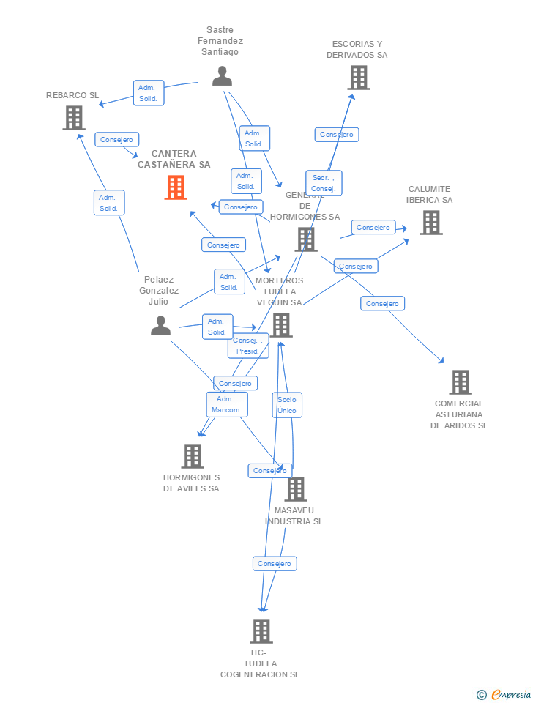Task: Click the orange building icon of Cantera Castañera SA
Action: click(176, 187)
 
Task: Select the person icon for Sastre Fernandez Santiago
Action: click(222, 76)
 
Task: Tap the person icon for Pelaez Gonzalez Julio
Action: click(160, 326)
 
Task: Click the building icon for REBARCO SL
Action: click(74, 118)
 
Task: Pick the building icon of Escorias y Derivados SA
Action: click(358, 78)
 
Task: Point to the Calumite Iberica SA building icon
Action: click(430, 223)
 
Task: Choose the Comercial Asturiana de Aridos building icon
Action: click(460, 382)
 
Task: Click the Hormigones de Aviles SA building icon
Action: click(192, 456)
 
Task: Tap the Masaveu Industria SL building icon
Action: click(295, 489)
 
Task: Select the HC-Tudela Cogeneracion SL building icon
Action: click(261, 631)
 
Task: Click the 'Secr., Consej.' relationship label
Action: click(324, 183)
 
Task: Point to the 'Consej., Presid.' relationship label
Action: click(248, 346)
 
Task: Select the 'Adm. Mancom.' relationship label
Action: click(226, 404)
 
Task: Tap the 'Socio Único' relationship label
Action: click(287, 405)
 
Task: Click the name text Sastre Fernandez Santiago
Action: click(220, 41)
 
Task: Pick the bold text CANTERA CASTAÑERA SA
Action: click(174, 159)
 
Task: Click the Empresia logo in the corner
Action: click(504, 694)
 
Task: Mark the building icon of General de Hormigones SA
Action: click(305, 239)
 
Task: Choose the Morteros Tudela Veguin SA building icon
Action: click(281, 325)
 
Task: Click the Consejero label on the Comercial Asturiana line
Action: click(382, 303)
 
